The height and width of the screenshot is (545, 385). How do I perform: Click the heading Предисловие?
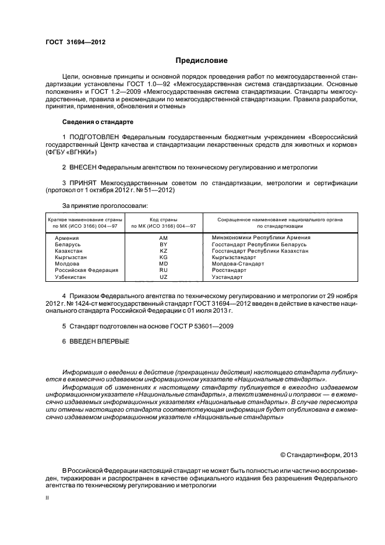pyautogui.click(x=202, y=61)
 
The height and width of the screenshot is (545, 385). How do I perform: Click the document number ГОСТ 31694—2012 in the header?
pyautogui.click(x=75, y=42)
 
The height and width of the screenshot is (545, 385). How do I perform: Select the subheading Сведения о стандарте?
pyautogui.click(x=98, y=122)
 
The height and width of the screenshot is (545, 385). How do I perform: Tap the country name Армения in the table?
pyautogui.click(x=67, y=238)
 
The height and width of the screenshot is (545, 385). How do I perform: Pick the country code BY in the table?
pyautogui.click(x=163, y=244)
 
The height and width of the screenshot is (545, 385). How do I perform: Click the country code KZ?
pyautogui.click(x=163, y=250)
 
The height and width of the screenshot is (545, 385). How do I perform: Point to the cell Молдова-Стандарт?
pyautogui.click(x=238, y=263)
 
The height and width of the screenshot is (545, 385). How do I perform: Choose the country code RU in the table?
pyautogui.click(x=163, y=270)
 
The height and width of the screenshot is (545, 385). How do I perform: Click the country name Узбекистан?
pyautogui.click(x=71, y=277)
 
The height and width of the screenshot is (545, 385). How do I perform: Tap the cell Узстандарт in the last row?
pyautogui.click(x=229, y=277)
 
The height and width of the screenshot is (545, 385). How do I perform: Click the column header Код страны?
pyautogui.click(x=163, y=220)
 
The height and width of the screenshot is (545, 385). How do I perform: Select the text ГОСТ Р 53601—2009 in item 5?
pyautogui.click(x=202, y=327)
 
